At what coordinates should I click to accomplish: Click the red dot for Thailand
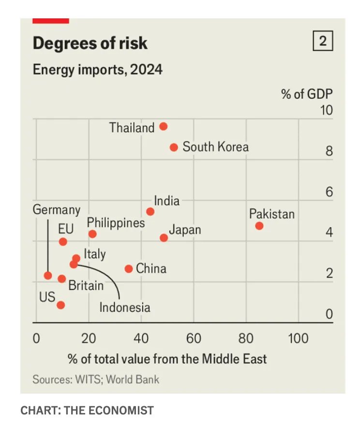point(164,126)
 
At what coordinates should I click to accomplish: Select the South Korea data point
point(174,147)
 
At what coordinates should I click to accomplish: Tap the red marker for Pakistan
point(259,226)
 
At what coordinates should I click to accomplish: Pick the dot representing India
point(150,211)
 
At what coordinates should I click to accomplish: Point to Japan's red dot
point(164,238)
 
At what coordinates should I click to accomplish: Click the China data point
point(129,269)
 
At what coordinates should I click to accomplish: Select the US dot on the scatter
point(60,305)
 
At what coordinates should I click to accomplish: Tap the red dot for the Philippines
point(92,234)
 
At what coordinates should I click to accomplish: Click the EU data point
point(63,242)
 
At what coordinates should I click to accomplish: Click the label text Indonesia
point(124,307)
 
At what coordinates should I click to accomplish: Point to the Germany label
point(57,210)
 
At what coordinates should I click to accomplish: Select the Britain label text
point(86,285)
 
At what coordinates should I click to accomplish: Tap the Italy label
point(94,254)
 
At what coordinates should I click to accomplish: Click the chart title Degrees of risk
point(90,44)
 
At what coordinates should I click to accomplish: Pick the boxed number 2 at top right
point(323,42)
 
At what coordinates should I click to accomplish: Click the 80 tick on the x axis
point(246,338)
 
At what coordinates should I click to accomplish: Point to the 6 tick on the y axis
point(329,192)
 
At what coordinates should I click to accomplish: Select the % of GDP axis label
point(307,93)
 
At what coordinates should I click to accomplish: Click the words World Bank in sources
point(133,379)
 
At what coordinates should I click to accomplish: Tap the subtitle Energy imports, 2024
point(97,70)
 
